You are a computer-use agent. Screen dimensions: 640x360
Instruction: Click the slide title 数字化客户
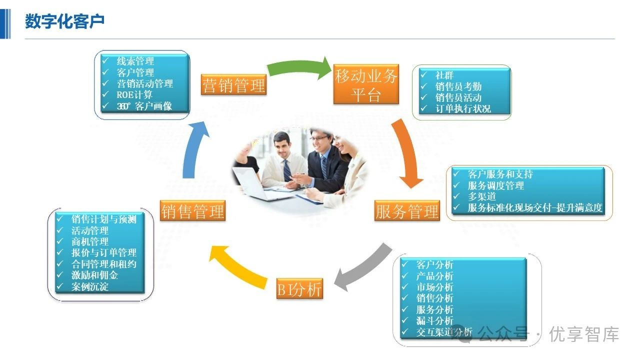tap(65, 22)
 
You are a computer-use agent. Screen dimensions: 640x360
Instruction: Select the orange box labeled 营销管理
tap(233, 85)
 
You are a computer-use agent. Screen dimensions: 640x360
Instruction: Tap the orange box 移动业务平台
tap(366, 85)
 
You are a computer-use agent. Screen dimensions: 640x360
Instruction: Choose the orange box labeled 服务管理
tap(407, 211)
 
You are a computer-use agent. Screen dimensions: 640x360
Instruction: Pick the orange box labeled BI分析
tap(299, 289)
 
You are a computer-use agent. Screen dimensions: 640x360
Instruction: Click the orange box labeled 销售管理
tap(192, 211)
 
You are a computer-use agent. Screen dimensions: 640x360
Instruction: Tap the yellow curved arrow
tap(240, 265)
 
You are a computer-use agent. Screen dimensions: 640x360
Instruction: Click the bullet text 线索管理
tap(135, 61)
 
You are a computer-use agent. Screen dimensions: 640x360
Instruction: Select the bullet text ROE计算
tap(134, 94)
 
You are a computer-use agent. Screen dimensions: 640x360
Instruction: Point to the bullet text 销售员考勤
tap(458, 86)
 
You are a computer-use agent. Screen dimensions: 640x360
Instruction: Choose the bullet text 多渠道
tap(481, 196)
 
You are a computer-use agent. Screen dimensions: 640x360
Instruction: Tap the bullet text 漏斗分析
tap(434, 320)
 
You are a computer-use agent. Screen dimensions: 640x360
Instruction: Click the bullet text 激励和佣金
tap(94, 275)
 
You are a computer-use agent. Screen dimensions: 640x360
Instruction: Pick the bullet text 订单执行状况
tap(463, 108)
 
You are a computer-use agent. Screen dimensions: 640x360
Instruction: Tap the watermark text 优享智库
tap(584, 334)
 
